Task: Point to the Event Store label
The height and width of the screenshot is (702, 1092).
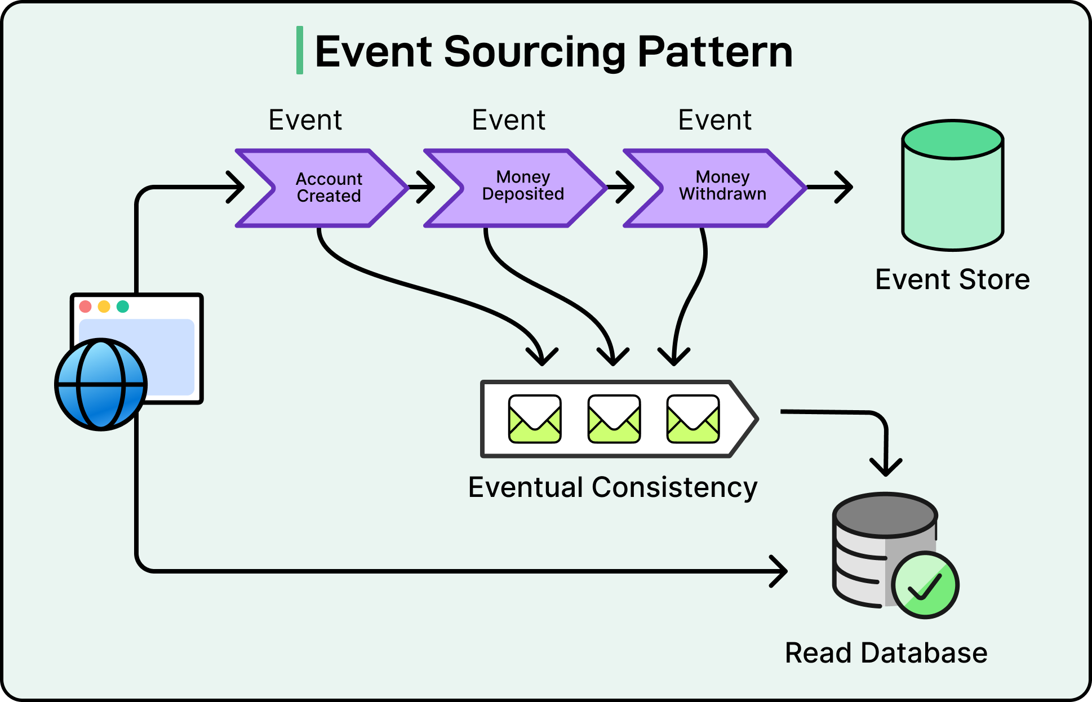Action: (952, 279)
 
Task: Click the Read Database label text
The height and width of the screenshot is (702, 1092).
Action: (886, 653)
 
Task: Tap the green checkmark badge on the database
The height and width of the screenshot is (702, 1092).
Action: (925, 585)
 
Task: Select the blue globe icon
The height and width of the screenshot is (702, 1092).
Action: (101, 385)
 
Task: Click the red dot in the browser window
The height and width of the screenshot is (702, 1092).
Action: (86, 306)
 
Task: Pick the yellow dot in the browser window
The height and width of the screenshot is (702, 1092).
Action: (104, 306)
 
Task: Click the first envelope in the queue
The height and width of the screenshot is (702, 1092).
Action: (535, 419)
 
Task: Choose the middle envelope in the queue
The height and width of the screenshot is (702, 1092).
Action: (614, 419)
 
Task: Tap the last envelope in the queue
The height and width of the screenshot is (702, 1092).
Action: (693, 419)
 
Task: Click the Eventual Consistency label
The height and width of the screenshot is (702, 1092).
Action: (612, 487)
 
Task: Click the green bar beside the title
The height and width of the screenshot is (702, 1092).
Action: (300, 50)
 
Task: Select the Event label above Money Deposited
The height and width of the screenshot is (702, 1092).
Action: (508, 120)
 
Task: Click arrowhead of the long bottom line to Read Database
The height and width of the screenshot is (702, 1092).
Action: (781, 571)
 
